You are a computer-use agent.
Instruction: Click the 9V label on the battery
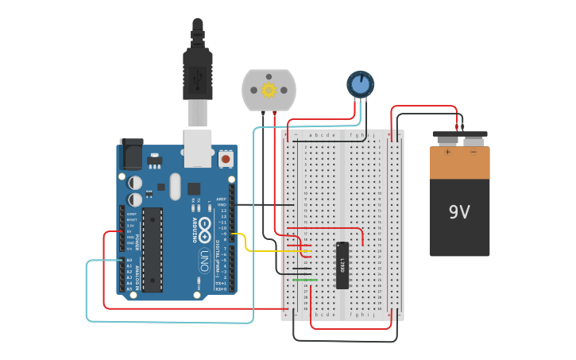[459, 212]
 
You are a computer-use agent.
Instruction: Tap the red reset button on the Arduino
[226, 159]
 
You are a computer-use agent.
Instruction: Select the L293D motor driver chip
[342, 265]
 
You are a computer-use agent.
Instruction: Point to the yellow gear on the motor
[269, 90]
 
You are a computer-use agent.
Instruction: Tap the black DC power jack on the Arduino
[131, 154]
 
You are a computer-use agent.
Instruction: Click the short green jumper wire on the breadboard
[304, 280]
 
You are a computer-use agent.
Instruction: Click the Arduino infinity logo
[203, 231]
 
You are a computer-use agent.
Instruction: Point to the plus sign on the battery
[447, 152]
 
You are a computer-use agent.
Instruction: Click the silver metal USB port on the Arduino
[197, 148]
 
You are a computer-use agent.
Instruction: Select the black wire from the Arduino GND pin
[262, 204]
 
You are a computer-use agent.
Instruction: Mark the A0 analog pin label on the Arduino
[130, 260]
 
